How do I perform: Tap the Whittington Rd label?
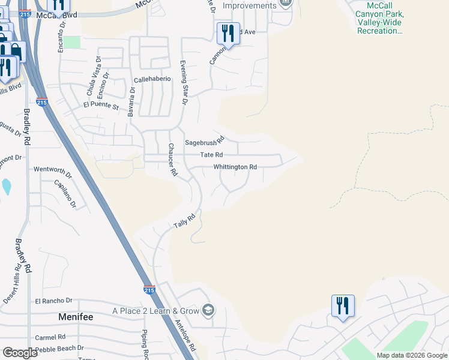point(235,167)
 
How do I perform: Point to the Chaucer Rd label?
point(172,159)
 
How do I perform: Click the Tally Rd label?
point(185,221)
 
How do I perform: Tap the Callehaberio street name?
point(152,79)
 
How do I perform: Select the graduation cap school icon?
point(208,310)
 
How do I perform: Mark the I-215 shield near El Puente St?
point(41,103)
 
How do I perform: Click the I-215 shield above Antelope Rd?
point(149,290)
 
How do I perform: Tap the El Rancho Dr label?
point(53,301)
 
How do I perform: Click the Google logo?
point(20,353)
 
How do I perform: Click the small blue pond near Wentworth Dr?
point(6,187)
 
